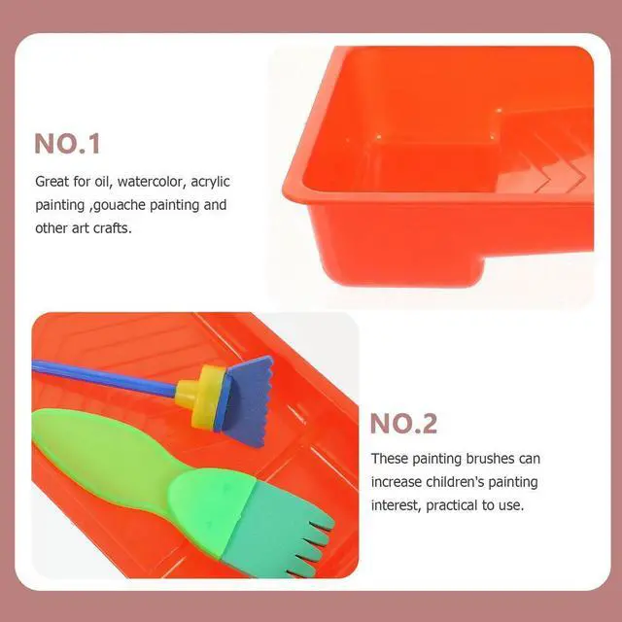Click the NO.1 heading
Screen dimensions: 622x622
click(67, 143)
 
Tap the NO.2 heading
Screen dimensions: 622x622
click(403, 424)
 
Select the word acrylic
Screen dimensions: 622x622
click(210, 182)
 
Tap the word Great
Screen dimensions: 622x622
click(52, 182)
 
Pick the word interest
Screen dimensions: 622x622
click(396, 505)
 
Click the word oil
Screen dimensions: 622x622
click(101, 182)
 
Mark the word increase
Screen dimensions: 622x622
click(396, 482)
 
